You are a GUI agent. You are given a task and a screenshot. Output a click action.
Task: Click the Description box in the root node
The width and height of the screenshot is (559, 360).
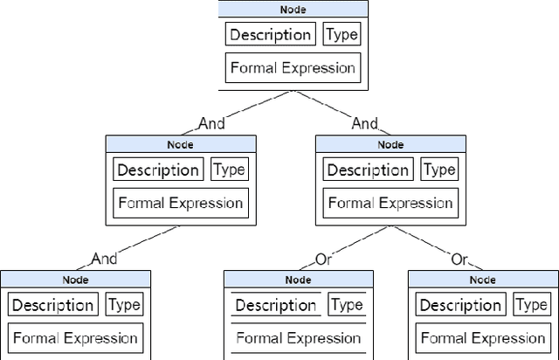coord(270,35)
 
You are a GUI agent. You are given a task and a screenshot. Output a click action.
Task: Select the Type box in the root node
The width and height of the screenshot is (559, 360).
coord(342,35)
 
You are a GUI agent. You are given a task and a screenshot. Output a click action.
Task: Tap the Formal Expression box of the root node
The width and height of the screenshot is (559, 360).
coord(293,68)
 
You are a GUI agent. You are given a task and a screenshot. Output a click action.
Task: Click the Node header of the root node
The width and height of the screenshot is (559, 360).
coord(293,9)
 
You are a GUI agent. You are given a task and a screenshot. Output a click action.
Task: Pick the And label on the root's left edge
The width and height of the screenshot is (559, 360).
coord(211,123)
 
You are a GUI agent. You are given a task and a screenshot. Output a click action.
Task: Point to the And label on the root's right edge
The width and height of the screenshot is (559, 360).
coord(364,123)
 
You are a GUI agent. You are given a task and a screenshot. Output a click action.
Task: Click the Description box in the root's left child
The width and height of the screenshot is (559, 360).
coord(158,170)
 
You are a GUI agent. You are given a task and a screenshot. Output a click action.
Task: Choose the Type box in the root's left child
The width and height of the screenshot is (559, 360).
coord(230,170)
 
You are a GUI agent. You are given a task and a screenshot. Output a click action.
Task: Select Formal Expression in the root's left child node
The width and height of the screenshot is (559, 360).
coord(181,203)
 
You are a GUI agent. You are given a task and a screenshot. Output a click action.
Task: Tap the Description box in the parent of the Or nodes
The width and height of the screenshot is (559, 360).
coord(368,170)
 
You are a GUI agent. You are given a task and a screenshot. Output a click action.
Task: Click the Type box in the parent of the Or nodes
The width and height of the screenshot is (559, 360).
coord(438,170)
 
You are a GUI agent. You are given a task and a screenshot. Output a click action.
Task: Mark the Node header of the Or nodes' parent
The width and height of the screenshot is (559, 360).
coord(390,144)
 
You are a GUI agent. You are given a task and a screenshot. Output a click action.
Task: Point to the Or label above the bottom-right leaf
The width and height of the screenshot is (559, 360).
coord(459,259)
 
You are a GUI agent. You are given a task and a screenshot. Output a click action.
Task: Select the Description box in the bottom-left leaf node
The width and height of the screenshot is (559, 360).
coord(52,305)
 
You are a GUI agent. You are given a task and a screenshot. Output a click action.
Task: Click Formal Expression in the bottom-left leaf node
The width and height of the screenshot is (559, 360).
coord(75,337)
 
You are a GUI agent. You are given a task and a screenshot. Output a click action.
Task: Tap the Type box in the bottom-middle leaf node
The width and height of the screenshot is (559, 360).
coord(347,305)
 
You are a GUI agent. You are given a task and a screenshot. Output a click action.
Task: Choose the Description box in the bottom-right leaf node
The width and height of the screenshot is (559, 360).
coord(460,305)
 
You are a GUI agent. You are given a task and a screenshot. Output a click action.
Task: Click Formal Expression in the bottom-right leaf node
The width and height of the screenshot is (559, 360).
coord(483,337)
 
